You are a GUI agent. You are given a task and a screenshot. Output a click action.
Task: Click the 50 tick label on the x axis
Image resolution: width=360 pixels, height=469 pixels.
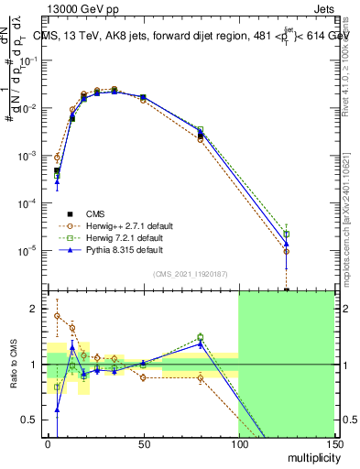(143, 444)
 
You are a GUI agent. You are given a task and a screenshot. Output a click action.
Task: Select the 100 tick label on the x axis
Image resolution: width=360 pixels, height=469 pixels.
(238, 444)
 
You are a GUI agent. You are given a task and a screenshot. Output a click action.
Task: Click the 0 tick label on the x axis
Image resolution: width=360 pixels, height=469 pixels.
(48, 444)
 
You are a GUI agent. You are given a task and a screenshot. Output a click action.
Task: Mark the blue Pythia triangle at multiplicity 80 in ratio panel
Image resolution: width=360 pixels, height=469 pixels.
(201, 343)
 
